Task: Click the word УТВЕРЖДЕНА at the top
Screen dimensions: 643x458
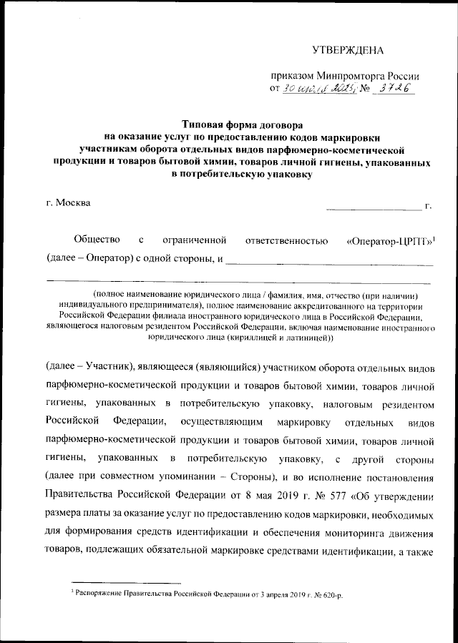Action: pos(348,50)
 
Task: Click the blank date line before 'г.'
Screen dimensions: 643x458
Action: pos(374,208)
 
